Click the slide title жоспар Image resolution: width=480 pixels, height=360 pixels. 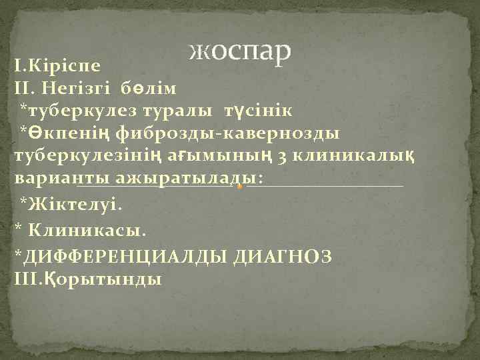tap(241, 50)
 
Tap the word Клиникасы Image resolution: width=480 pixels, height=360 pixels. tap(86, 230)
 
